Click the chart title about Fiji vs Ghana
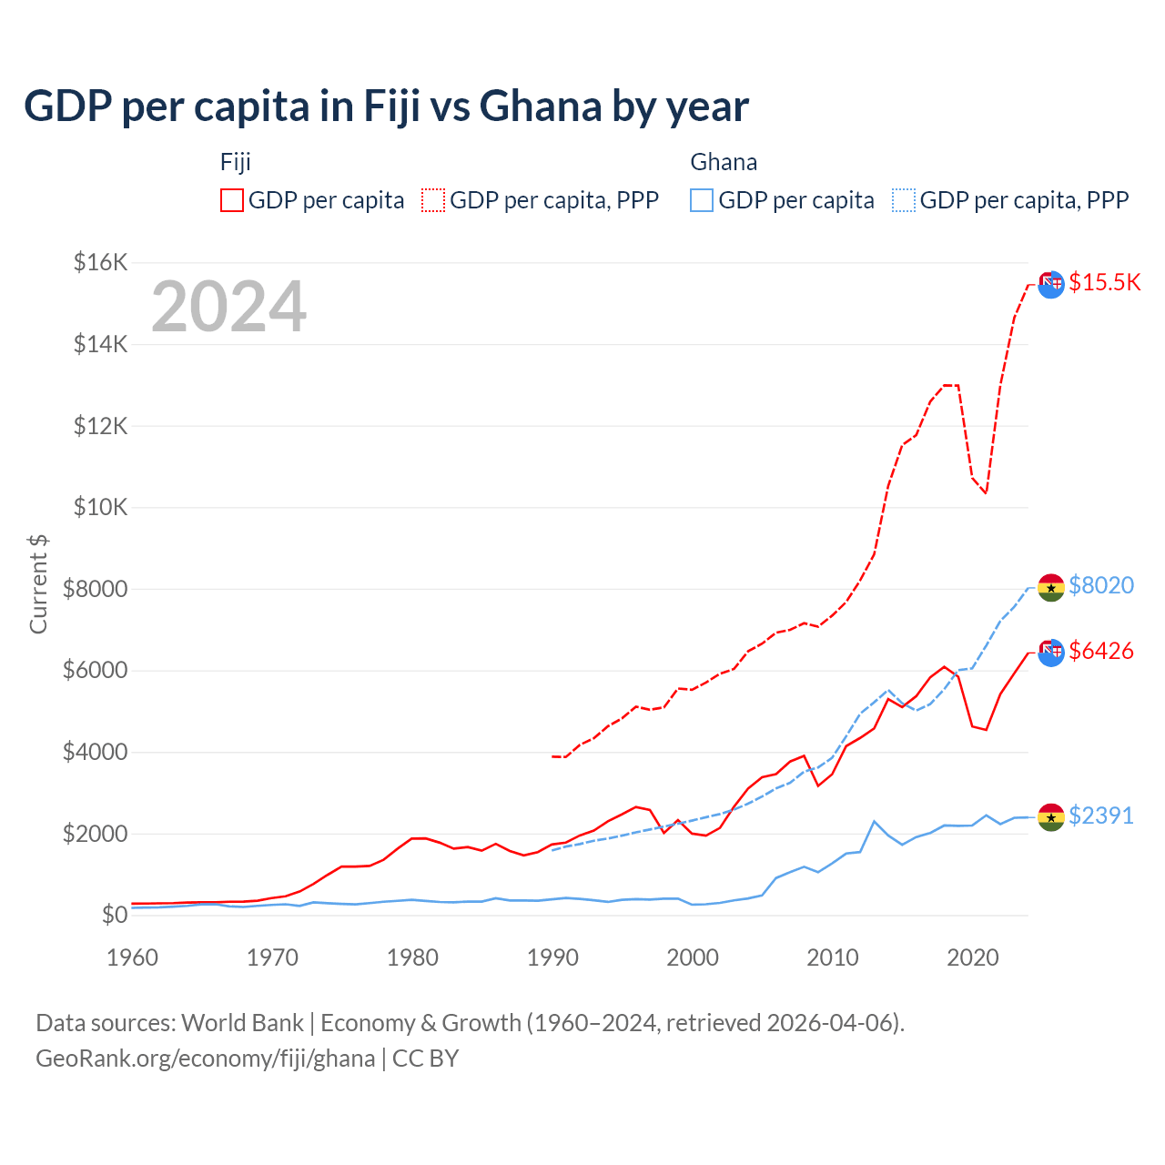pos(386,106)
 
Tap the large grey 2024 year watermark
pos(228,307)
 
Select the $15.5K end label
pos(1104,282)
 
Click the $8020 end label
pos(1100,585)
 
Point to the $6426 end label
pos(1100,651)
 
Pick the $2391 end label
pos(1100,815)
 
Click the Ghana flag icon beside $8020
pos(1051,588)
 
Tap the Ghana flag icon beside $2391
pos(1051,817)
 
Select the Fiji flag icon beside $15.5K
pos(1051,284)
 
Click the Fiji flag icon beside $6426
pos(1051,653)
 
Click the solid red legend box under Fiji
pos(232,200)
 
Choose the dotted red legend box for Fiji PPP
pos(433,200)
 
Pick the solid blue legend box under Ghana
pos(702,200)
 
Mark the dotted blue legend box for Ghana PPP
pos(904,200)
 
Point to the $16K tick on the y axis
pos(100,263)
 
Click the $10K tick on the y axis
pos(100,508)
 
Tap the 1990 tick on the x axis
pos(552,957)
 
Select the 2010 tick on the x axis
pos(833,957)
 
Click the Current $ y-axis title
pos(38,584)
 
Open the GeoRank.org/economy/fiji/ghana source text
pos(205,1059)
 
